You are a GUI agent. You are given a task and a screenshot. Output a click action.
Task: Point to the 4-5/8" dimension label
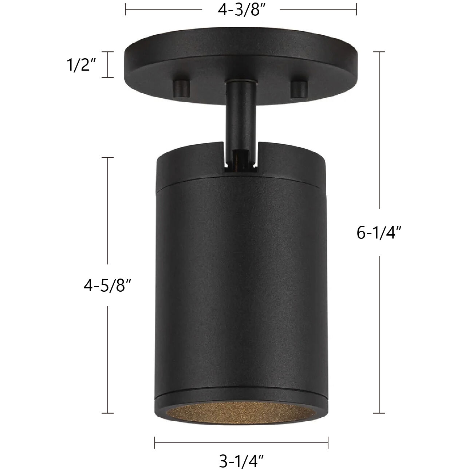point(107,286)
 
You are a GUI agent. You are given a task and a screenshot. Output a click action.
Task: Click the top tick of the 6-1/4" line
point(379,52)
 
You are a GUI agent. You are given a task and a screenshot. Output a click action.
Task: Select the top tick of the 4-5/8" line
point(107,157)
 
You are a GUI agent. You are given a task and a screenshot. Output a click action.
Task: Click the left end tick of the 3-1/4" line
point(155,442)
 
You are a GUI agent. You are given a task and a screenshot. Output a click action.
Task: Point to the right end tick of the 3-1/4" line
point(328,442)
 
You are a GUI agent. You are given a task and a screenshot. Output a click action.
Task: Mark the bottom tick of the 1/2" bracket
point(107,77)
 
